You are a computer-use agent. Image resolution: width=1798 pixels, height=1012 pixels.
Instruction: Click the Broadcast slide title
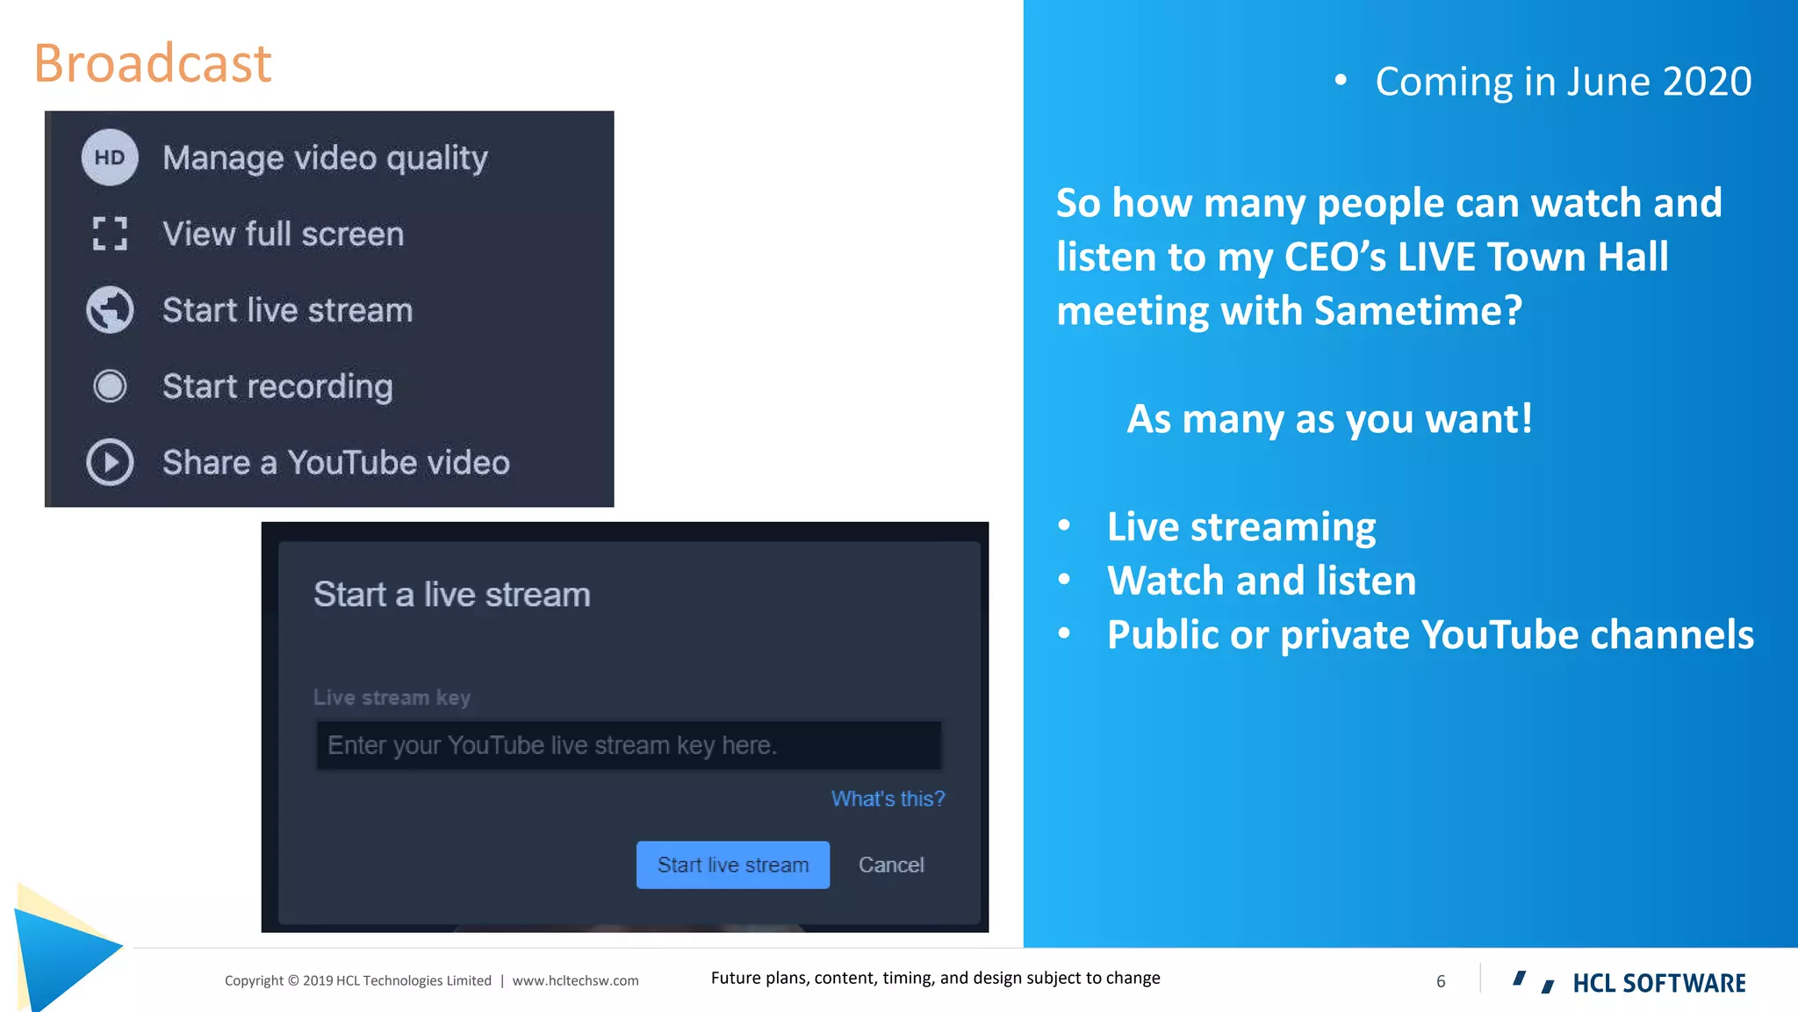[x=153, y=63]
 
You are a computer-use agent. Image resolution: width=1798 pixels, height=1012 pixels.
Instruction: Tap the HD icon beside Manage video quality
[x=110, y=157]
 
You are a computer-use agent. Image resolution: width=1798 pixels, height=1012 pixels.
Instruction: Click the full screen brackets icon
[x=110, y=234]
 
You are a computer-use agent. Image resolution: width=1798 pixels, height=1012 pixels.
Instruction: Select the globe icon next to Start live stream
[x=110, y=310]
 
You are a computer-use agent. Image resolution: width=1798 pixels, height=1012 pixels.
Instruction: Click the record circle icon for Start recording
[x=110, y=387]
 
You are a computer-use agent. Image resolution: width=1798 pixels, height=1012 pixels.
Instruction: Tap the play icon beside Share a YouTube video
[x=110, y=462]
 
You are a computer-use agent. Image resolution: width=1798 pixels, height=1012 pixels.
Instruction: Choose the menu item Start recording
[x=277, y=387]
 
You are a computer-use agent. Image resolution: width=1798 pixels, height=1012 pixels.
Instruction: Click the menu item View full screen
[x=283, y=234]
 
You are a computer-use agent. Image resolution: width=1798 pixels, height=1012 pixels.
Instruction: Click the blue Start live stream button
[x=732, y=864]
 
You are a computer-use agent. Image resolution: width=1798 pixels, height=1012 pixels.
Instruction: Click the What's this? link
[x=888, y=799]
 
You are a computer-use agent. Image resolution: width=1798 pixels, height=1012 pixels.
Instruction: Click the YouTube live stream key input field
[x=628, y=745]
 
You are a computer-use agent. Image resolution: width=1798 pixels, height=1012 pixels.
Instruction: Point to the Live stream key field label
[x=392, y=698]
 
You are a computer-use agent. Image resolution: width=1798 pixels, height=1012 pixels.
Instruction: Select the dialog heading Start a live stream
[x=451, y=595]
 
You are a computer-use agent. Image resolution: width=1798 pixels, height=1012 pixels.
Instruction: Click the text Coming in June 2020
[x=1563, y=82]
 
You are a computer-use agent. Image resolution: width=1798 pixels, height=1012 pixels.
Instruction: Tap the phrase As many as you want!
[x=1329, y=419]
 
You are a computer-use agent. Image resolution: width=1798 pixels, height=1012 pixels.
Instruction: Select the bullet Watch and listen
[x=1262, y=581]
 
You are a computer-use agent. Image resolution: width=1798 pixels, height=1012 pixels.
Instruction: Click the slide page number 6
[x=1441, y=981]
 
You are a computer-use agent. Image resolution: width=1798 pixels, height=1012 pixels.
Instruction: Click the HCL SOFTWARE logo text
[x=1658, y=983]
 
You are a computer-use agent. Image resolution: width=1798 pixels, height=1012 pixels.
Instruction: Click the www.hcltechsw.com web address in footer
[x=575, y=980]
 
